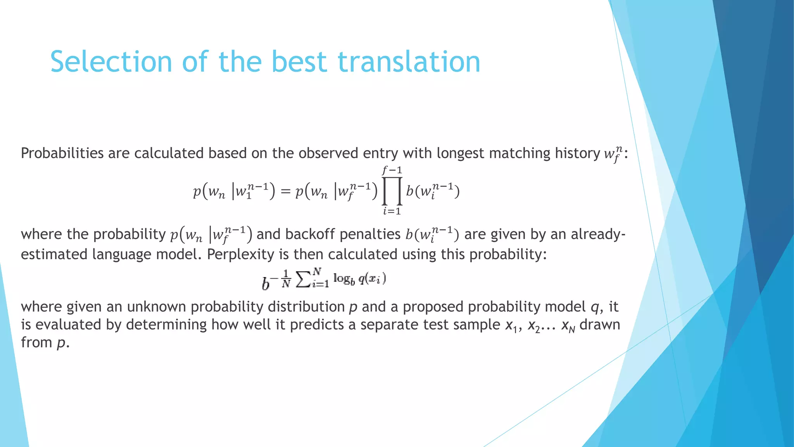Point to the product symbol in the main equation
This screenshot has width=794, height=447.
pos(392,191)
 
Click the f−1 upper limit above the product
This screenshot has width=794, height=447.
pos(392,170)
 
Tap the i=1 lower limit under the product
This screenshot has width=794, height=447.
pos(392,211)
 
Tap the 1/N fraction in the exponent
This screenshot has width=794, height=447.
pos(286,279)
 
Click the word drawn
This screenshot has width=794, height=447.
pos(600,325)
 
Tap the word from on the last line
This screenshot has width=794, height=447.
pos(36,343)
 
